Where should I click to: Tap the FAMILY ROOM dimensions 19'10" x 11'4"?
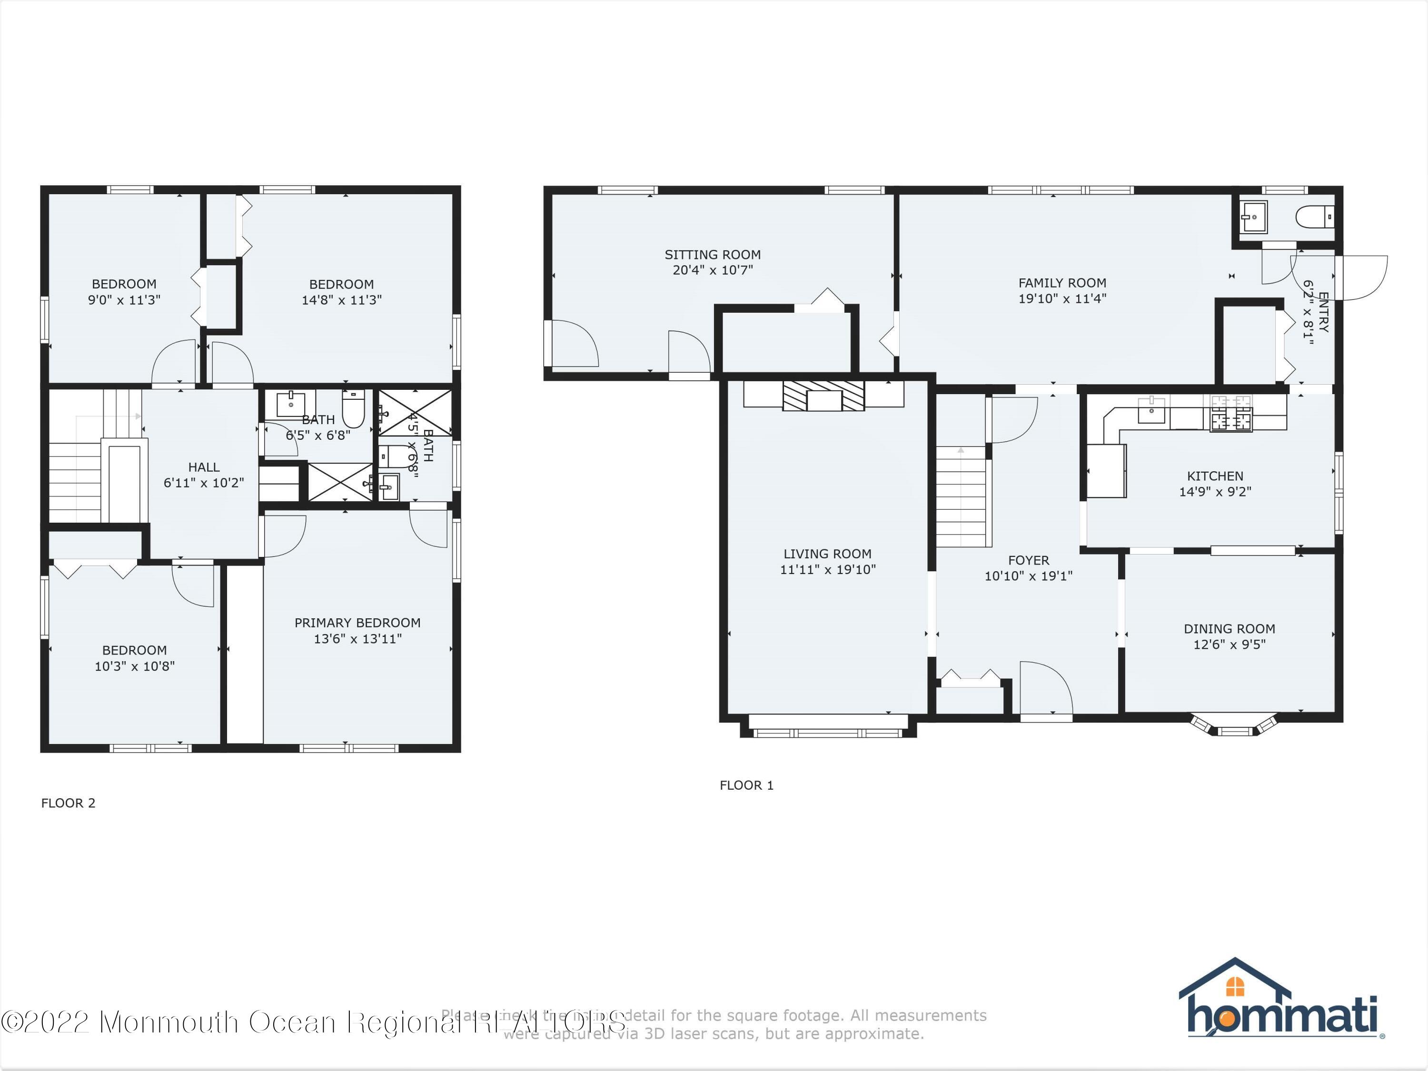point(1062,299)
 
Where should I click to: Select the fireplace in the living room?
point(823,396)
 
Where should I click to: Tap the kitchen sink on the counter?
point(1151,411)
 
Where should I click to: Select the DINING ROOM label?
point(1229,629)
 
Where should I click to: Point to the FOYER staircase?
point(961,497)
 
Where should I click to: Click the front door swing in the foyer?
point(1046,687)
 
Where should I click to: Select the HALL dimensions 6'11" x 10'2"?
point(203,483)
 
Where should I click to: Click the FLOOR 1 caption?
point(746,785)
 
